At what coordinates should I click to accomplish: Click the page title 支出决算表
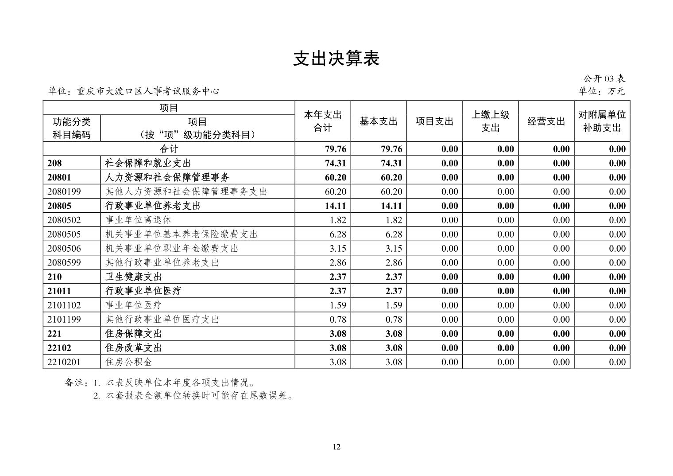(x=336, y=59)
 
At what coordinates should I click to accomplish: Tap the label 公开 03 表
(x=604, y=79)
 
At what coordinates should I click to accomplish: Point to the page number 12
(x=336, y=446)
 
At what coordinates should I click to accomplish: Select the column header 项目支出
(x=434, y=121)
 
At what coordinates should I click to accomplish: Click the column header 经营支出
(x=546, y=121)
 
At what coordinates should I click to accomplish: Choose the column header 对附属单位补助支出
(x=602, y=121)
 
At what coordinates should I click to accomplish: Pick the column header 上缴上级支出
(x=490, y=121)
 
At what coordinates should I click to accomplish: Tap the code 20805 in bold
(x=59, y=206)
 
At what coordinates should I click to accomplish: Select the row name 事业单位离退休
(x=138, y=220)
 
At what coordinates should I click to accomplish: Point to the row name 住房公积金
(x=129, y=362)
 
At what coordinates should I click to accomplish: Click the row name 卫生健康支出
(x=133, y=277)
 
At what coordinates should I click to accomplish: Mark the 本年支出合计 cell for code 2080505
(x=338, y=234)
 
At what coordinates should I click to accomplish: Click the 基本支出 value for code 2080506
(x=394, y=248)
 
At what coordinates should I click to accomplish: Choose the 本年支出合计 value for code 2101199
(x=338, y=319)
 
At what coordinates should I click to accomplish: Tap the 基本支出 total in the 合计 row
(x=391, y=149)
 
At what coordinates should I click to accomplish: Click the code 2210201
(x=64, y=362)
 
